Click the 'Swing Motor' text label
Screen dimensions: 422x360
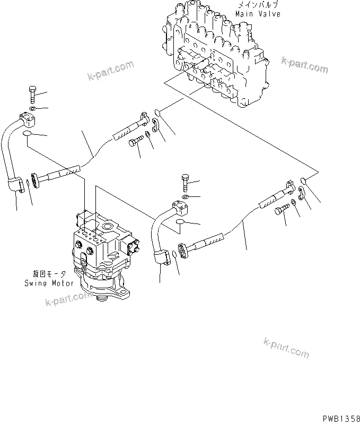click(x=49, y=283)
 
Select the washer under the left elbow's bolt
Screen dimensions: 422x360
click(x=32, y=109)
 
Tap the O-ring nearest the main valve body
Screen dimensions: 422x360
click(x=158, y=112)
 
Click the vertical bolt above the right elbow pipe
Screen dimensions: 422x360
click(x=184, y=183)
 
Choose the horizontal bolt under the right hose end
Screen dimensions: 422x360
click(x=281, y=210)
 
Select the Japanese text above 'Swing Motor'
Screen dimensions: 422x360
click(x=49, y=274)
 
